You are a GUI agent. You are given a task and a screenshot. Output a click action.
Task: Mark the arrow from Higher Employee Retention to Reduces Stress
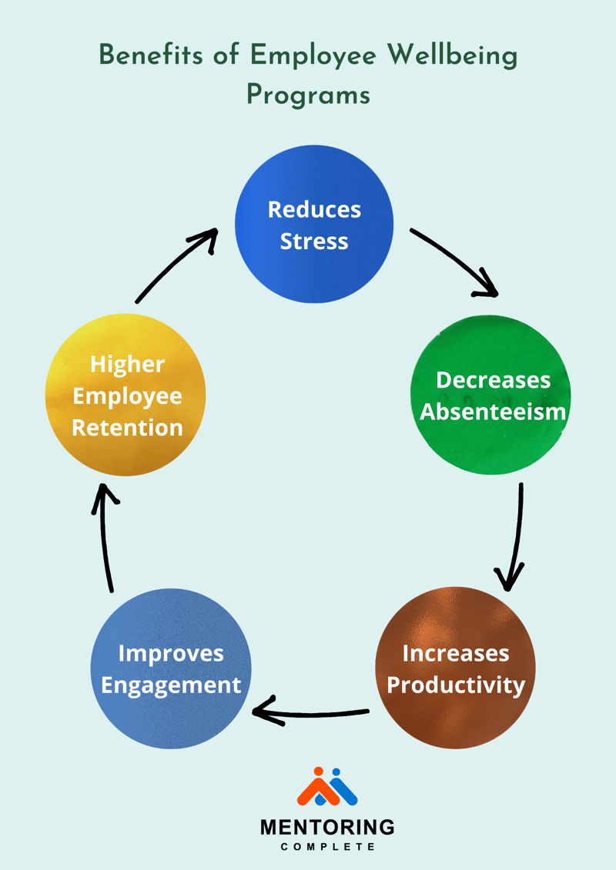(x=176, y=265)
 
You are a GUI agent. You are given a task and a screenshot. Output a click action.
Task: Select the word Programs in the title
(x=308, y=95)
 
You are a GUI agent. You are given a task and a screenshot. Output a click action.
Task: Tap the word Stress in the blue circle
(x=314, y=241)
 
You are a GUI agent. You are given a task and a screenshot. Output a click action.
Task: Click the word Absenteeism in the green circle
(x=492, y=412)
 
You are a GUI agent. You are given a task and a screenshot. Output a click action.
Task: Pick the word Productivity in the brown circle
(x=455, y=685)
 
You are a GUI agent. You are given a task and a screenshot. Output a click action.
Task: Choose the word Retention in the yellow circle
(x=127, y=427)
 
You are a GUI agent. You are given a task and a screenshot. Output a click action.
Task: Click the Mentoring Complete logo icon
(x=327, y=786)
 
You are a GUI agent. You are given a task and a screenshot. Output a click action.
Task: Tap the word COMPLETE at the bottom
(x=327, y=847)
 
